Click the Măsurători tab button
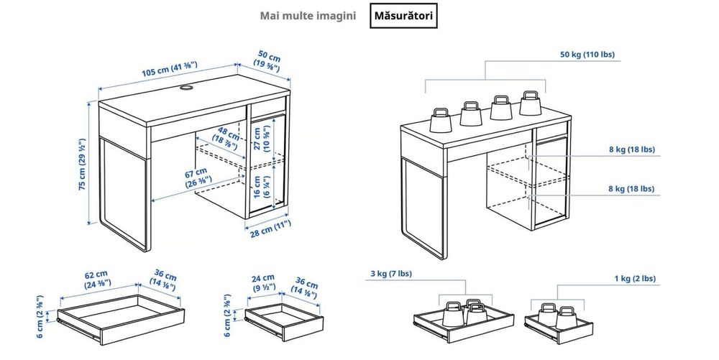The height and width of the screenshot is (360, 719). pyautogui.click(x=402, y=16)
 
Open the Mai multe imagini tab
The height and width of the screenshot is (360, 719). pyautogui.click(x=309, y=16)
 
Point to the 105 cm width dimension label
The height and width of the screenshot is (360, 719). pyautogui.click(x=170, y=70)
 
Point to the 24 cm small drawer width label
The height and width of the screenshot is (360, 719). pyautogui.click(x=262, y=282)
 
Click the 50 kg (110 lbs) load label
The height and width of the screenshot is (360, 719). pyautogui.click(x=588, y=54)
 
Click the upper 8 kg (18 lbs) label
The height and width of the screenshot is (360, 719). pyautogui.click(x=630, y=150)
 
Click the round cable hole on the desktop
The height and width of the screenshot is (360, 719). pyautogui.click(x=185, y=89)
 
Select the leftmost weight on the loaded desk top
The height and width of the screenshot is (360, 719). pyautogui.click(x=441, y=119)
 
